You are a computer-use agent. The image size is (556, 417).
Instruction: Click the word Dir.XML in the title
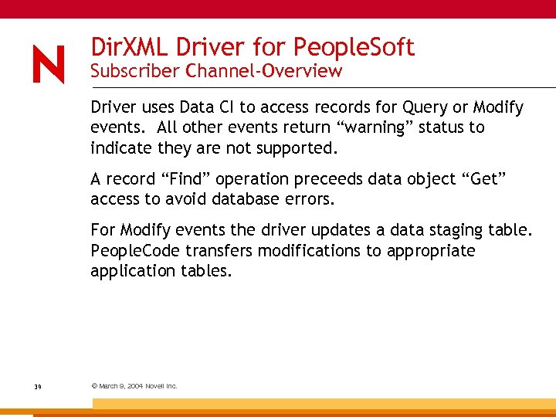click(x=129, y=48)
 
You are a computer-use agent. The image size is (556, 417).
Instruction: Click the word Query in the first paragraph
click(x=422, y=107)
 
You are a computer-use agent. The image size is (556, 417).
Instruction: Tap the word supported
click(x=299, y=147)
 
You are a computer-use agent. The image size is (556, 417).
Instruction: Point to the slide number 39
click(x=37, y=386)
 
